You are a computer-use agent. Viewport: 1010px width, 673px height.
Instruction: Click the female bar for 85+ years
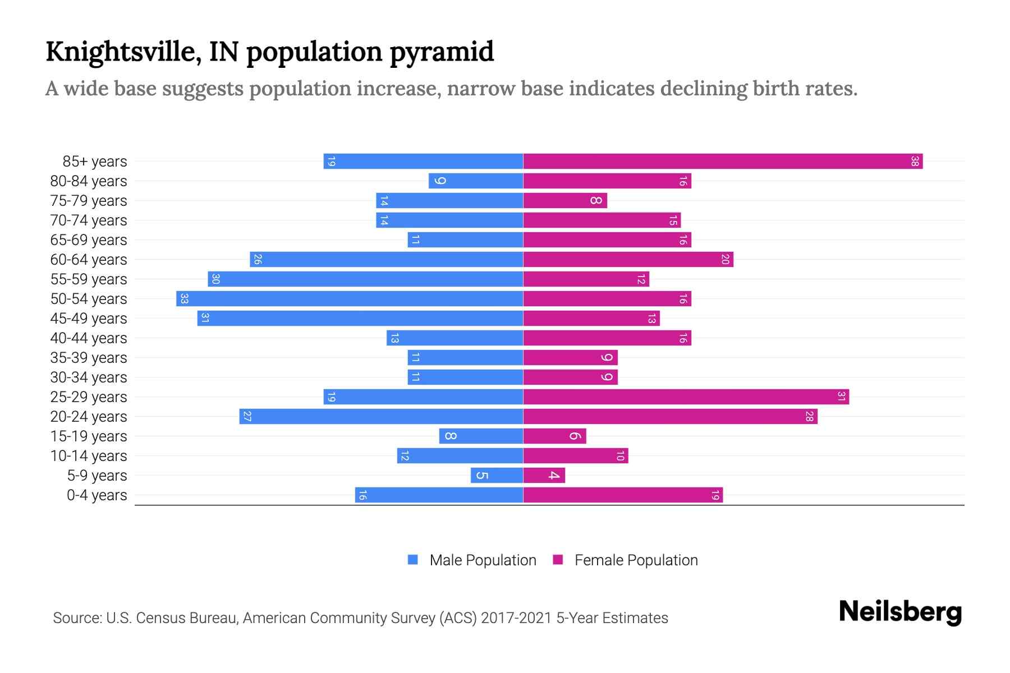point(723,162)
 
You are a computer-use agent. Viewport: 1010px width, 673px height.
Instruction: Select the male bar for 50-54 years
point(350,299)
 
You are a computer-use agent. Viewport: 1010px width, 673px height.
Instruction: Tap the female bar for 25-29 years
point(686,397)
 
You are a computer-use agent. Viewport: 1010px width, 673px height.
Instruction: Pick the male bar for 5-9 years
point(497,476)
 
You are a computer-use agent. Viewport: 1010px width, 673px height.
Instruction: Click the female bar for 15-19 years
point(554,436)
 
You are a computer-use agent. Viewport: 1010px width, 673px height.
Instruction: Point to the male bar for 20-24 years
point(381,417)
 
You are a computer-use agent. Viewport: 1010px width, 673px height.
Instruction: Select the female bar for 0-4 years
point(623,495)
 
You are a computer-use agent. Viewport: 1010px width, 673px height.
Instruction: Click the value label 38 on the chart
point(915,162)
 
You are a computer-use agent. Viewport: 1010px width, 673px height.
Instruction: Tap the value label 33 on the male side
point(184,299)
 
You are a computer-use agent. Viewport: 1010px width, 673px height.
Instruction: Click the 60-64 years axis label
point(89,260)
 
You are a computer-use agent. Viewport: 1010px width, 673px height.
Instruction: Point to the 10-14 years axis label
point(89,456)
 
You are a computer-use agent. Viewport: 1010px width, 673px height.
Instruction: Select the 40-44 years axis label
point(89,338)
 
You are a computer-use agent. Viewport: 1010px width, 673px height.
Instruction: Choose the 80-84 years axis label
point(89,181)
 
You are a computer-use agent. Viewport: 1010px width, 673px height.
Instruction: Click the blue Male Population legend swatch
point(413,560)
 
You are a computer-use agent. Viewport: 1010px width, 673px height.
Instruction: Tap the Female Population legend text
point(636,560)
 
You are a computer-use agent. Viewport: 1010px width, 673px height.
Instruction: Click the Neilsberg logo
point(900,612)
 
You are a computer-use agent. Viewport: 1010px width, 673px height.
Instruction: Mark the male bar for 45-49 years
point(360,319)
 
